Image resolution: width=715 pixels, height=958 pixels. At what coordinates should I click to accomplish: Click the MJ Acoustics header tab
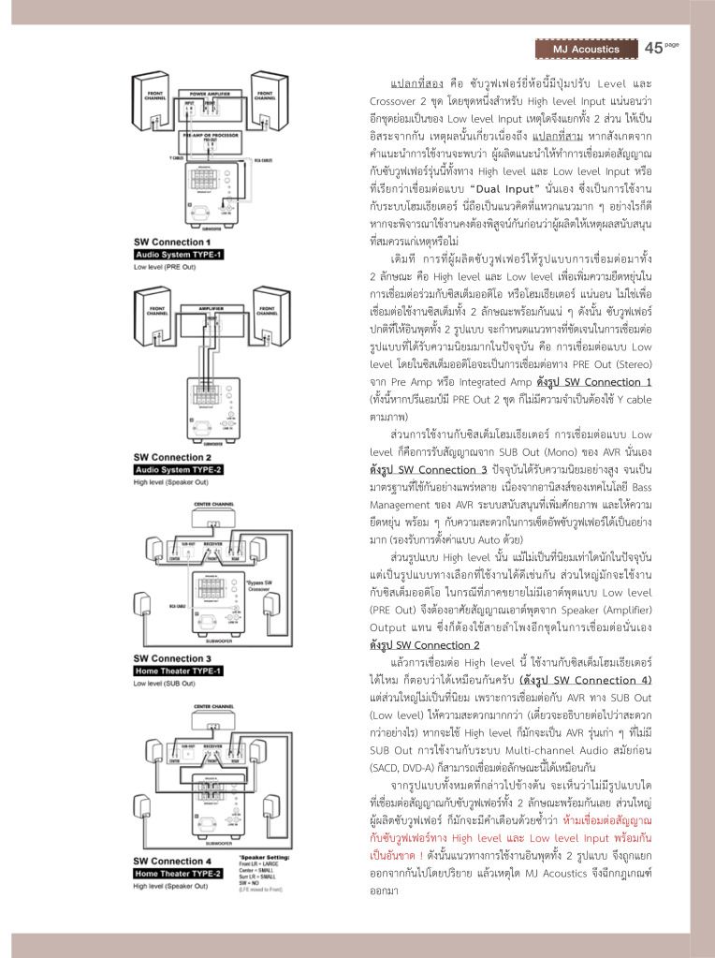click(x=586, y=49)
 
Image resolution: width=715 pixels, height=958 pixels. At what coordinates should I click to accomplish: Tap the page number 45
click(x=653, y=48)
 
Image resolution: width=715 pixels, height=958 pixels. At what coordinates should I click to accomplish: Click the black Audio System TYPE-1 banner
click(x=179, y=254)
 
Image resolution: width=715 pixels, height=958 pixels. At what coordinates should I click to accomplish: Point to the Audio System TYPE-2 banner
click(x=179, y=469)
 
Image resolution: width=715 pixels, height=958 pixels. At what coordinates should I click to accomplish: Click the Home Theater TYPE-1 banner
click(x=179, y=671)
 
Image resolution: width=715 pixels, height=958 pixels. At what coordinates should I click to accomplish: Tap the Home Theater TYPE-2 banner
click(x=179, y=873)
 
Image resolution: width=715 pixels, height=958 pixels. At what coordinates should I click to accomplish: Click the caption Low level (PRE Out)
click(x=165, y=267)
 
